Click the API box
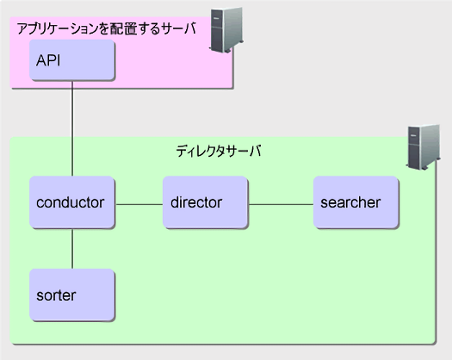coord(72,59)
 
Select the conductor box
coord(72,202)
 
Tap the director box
coord(205,202)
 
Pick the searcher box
coord(356,202)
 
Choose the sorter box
coord(72,295)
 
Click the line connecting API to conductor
coord(72,128)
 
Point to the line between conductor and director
coord(139,204)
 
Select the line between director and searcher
coord(281,204)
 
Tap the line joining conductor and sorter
coord(72,249)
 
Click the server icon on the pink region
coord(226,30)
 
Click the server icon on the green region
coord(424,146)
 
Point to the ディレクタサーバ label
coord(219,151)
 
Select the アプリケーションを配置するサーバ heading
coord(107,28)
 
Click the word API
coord(48,60)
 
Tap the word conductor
coord(70,202)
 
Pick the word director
coord(196,202)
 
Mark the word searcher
coord(350,202)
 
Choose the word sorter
coord(56,295)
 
